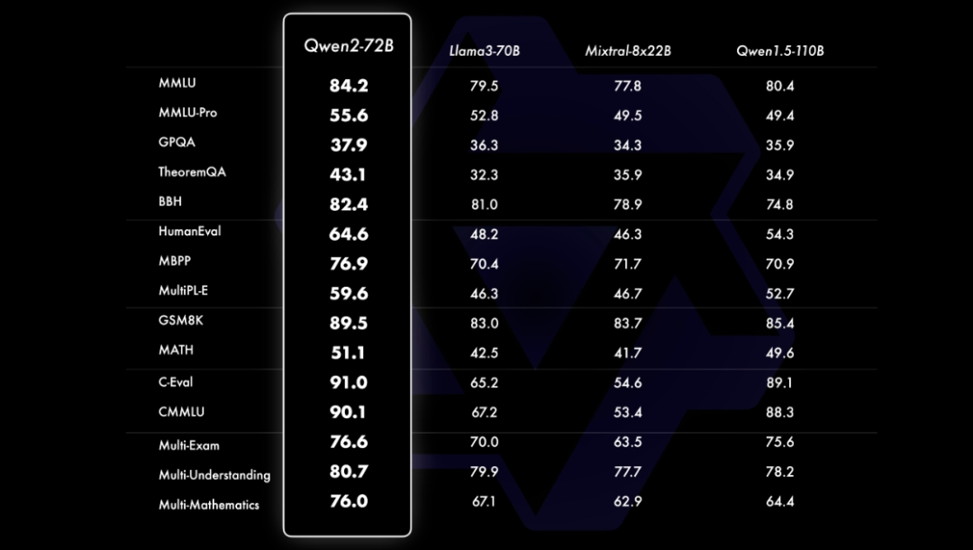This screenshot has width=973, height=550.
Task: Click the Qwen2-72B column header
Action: click(348, 46)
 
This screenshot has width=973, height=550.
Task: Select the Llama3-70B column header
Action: click(484, 50)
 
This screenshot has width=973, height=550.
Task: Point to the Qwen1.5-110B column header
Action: click(779, 50)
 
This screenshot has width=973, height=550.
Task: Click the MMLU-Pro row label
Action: click(187, 113)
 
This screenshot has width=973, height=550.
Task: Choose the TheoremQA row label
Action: click(192, 172)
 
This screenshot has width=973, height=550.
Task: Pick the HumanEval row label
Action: click(189, 232)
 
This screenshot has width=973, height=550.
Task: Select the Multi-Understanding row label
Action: click(214, 474)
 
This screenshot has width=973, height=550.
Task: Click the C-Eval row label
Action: click(176, 382)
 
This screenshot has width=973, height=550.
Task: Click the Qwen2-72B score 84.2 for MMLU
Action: click(348, 87)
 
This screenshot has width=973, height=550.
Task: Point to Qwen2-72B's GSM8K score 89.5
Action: click(348, 323)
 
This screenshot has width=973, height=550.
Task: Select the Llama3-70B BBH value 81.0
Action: click(484, 205)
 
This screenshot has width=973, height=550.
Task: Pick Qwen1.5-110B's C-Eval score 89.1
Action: click(779, 382)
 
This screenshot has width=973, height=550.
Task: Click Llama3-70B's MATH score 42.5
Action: click(484, 353)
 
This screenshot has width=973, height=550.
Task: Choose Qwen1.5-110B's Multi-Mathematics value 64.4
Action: click(779, 501)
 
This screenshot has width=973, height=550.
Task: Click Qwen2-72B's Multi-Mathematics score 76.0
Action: click(348, 501)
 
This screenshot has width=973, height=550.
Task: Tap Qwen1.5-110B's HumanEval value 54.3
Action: click(779, 234)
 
